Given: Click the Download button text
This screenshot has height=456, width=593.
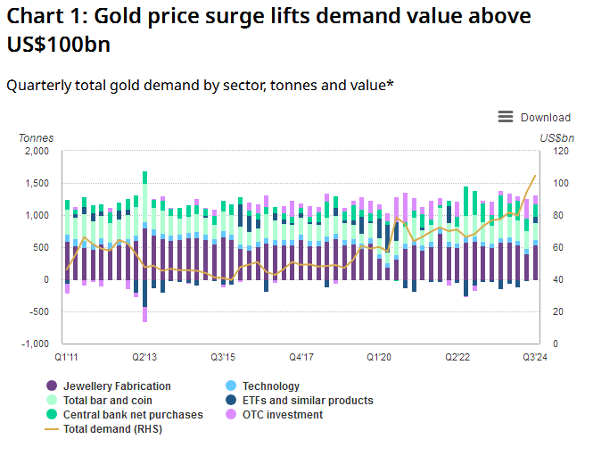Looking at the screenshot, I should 545,117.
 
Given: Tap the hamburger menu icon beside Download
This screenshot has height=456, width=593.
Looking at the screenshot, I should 506,117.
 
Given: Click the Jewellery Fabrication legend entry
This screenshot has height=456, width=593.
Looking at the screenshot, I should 117,386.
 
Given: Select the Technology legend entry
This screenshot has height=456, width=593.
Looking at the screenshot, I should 271,386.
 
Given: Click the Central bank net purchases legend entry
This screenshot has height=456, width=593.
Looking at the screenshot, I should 133,415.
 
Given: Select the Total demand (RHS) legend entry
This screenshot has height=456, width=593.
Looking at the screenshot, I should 112,429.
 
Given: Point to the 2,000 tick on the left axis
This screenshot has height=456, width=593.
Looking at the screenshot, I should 36,152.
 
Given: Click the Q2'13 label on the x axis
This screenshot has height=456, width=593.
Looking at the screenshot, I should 144,357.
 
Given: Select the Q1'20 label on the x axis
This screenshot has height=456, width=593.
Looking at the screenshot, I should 379,357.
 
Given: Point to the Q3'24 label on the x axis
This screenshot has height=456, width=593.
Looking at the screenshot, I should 535,357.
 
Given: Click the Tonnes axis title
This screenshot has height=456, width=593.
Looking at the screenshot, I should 36,138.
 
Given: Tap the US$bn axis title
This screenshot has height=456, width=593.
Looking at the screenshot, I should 557,138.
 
